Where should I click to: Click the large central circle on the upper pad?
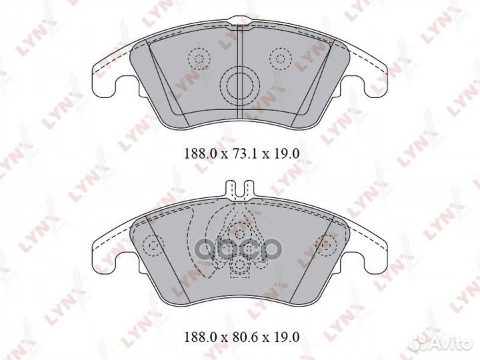(x=239, y=85)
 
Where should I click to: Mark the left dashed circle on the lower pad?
(x=153, y=248)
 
